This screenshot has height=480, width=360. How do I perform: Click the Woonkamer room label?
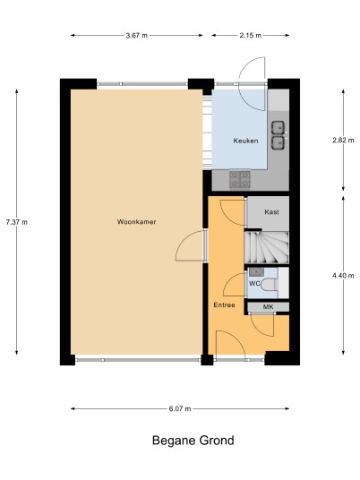(x=136, y=222)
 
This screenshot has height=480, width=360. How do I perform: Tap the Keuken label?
(x=245, y=141)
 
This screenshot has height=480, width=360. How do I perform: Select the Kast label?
(x=271, y=212)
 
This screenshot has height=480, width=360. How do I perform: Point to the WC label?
(x=254, y=284)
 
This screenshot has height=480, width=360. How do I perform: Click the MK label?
(x=268, y=307)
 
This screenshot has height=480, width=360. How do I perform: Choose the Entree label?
(x=224, y=304)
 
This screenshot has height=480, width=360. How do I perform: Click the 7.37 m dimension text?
(x=16, y=222)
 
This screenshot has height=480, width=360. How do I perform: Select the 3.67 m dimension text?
(x=136, y=36)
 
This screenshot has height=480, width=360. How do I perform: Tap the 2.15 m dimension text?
(x=251, y=36)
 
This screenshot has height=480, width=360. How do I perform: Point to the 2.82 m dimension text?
(x=343, y=141)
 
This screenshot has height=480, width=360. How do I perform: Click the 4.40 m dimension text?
(x=343, y=276)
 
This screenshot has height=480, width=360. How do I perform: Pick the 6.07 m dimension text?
(x=180, y=408)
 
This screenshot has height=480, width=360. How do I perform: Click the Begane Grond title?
(x=193, y=441)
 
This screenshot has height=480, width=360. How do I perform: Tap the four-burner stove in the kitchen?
(x=240, y=179)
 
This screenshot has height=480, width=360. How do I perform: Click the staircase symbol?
(x=267, y=247)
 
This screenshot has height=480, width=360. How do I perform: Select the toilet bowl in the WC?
(x=270, y=285)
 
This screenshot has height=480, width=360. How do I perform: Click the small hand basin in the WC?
(x=256, y=271)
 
